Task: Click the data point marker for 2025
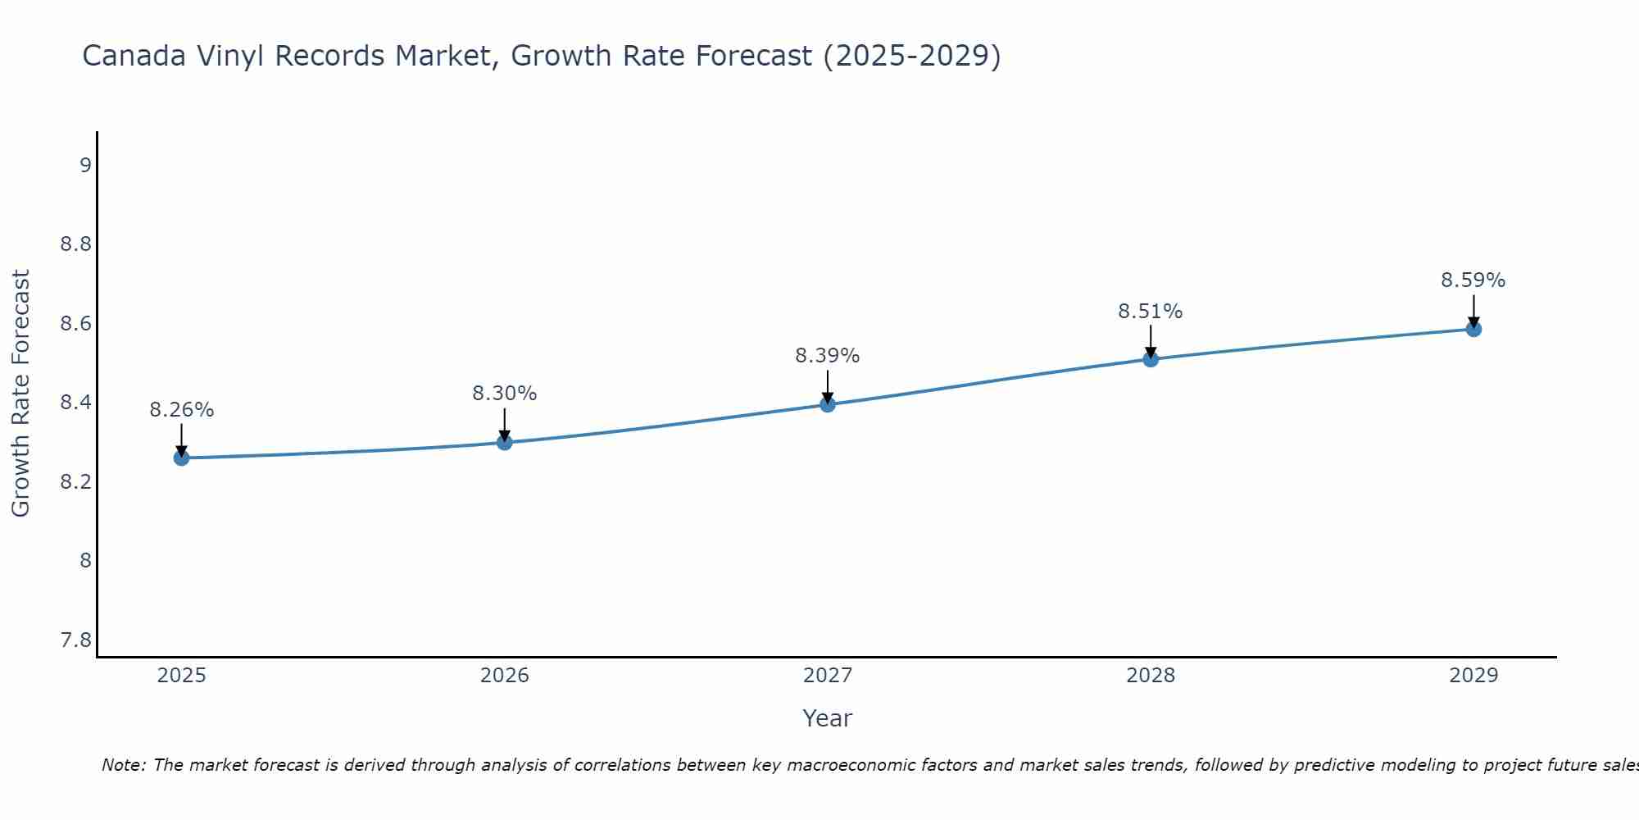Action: (x=181, y=458)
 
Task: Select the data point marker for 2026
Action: (x=504, y=442)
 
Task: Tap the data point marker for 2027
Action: (x=827, y=404)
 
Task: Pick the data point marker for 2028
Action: (x=1150, y=359)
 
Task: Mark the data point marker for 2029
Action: (x=1473, y=329)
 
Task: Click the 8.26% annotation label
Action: (x=181, y=410)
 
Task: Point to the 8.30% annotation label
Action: (x=504, y=394)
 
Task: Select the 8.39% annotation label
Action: (x=827, y=356)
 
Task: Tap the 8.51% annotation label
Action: (x=1150, y=312)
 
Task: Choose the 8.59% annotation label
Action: (x=1473, y=280)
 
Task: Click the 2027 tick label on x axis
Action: (x=827, y=676)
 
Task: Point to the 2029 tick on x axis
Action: (x=1473, y=676)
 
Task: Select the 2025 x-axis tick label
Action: (x=181, y=676)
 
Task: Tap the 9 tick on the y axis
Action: (x=85, y=166)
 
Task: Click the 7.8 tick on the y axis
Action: (x=76, y=640)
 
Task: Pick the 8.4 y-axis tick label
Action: (x=76, y=403)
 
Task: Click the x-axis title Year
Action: (x=827, y=718)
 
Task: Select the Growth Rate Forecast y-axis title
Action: (x=20, y=393)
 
